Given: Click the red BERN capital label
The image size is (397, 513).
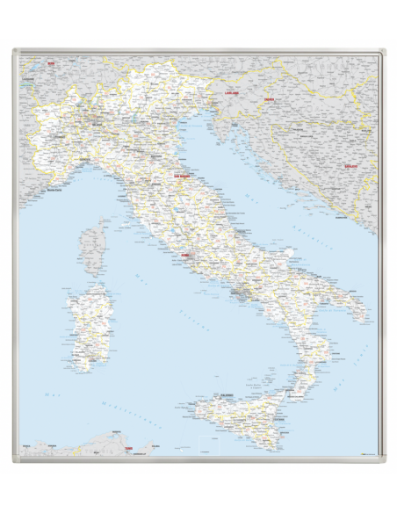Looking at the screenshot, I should pyautogui.click(x=51, y=64).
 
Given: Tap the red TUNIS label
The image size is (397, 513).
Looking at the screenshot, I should pyautogui.click(x=129, y=450).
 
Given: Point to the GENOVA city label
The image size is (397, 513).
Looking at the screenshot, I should pyautogui.click(x=87, y=161).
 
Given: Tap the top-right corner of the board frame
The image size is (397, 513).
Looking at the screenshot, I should pyautogui.click(x=380, y=52).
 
